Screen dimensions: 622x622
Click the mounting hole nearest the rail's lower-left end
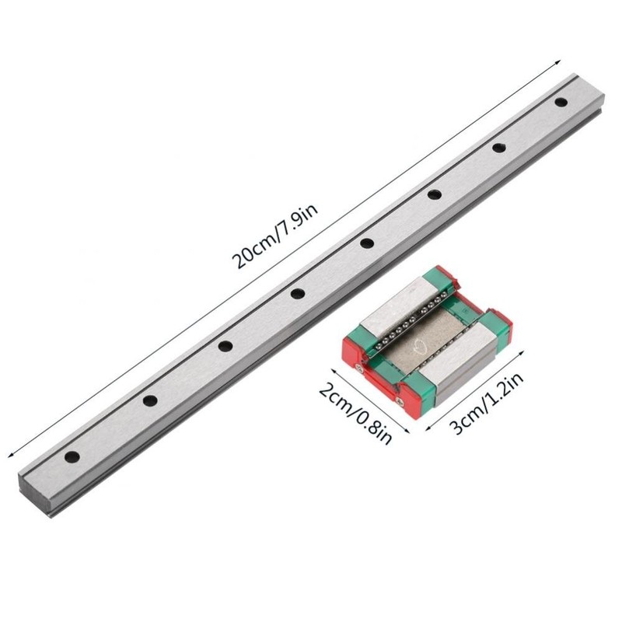click(72, 456)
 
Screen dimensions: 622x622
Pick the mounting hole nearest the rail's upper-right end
click(561, 101)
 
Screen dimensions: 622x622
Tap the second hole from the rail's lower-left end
click(149, 400)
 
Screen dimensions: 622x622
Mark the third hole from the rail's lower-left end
click(225, 346)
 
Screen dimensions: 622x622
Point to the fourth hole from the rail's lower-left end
click(296, 293)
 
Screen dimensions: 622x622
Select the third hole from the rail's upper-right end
click(434, 194)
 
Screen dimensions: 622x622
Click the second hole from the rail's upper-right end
click(498, 147)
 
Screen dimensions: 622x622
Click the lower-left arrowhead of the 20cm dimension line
click(9, 458)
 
